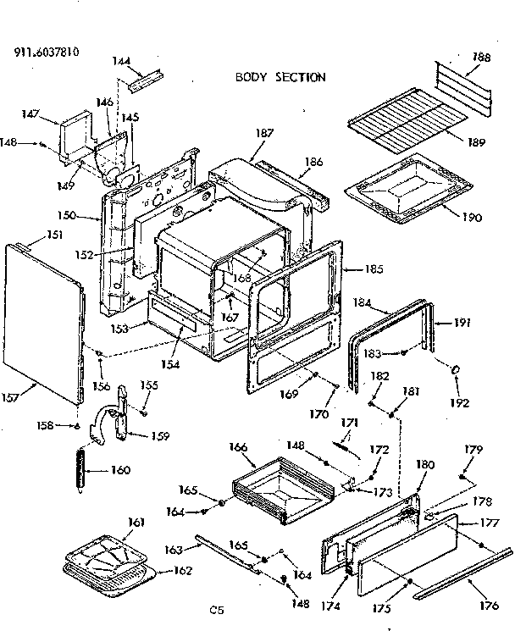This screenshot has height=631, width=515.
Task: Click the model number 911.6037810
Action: click(x=47, y=51)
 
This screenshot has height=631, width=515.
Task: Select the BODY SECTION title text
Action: click(x=280, y=77)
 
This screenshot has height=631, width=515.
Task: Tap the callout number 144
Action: click(x=121, y=61)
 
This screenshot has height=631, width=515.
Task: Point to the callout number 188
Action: click(x=480, y=58)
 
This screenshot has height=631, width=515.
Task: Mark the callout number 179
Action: click(x=473, y=449)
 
